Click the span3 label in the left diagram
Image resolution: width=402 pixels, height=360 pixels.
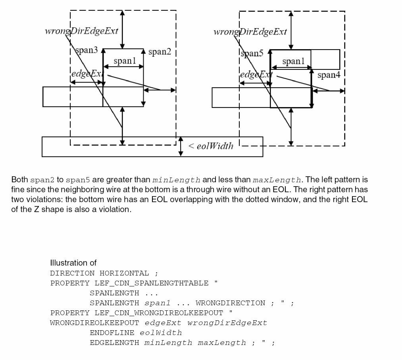(x=87, y=50)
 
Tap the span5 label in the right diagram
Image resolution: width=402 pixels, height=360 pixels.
(x=252, y=54)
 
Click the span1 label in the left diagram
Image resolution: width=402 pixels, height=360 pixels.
(x=125, y=61)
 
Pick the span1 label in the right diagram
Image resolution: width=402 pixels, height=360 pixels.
(x=294, y=61)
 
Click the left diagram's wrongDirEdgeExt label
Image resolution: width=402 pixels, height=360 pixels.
(x=81, y=31)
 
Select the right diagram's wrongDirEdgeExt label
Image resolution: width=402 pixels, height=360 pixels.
(x=250, y=32)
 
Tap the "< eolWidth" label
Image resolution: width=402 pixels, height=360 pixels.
(x=210, y=146)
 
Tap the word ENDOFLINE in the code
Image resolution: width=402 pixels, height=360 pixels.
(x=112, y=333)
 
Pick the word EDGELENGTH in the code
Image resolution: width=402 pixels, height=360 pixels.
(x=114, y=343)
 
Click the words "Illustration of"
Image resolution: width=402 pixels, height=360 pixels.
(x=73, y=263)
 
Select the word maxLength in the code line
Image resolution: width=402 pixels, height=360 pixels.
(x=222, y=343)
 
